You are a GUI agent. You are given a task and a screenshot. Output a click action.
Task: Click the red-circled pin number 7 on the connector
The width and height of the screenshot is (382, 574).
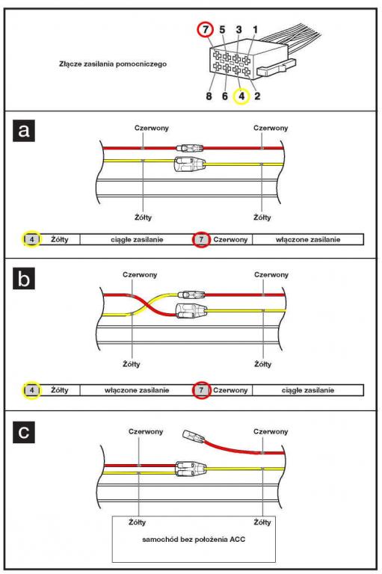click(205, 29)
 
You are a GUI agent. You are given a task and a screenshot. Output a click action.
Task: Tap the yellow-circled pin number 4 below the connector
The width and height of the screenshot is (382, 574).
click(241, 96)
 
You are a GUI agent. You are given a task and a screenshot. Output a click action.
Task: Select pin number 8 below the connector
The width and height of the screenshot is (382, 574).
click(209, 96)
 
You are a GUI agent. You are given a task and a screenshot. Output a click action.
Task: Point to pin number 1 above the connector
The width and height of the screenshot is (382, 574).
click(255, 29)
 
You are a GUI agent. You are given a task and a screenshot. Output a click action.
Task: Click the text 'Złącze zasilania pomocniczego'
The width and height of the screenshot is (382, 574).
click(113, 64)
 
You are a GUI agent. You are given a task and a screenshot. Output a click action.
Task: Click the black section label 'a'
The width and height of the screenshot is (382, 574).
click(24, 130)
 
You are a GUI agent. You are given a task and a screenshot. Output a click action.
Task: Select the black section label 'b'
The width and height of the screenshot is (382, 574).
click(24, 279)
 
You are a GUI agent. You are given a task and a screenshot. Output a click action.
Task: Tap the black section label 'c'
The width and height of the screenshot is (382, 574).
click(24, 432)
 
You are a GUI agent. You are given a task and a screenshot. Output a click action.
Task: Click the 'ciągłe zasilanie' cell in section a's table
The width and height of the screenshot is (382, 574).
click(137, 239)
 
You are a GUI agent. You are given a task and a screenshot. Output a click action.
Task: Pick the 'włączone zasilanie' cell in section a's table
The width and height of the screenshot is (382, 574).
click(308, 239)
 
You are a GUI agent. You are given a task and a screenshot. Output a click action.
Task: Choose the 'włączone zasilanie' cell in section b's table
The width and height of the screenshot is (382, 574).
click(137, 390)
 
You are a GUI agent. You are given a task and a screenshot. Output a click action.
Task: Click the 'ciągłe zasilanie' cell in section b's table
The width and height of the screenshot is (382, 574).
click(308, 390)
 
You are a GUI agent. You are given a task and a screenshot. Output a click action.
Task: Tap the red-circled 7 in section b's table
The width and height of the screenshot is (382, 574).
click(201, 390)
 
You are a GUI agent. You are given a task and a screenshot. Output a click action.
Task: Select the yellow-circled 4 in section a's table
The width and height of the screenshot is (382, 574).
click(32, 239)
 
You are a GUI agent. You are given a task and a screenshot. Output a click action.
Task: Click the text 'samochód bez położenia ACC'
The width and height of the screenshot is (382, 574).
click(194, 539)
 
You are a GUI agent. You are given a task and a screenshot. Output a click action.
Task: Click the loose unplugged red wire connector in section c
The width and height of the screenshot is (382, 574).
click(192, 436)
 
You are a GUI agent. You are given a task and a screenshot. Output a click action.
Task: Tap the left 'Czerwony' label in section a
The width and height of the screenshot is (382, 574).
click(152, 128)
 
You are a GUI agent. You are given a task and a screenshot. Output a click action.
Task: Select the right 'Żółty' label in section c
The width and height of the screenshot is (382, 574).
click(262, 522)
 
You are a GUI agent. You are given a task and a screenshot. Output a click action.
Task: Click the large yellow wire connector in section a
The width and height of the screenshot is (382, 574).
click(190, 164)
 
